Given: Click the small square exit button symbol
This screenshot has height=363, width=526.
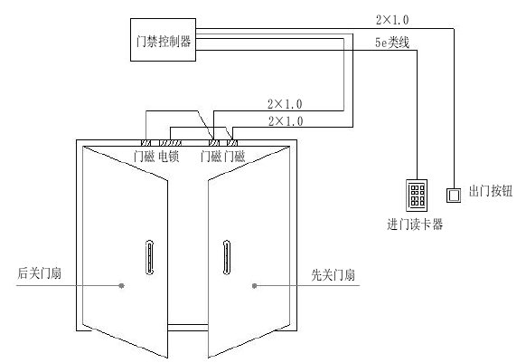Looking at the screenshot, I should pos(456,194).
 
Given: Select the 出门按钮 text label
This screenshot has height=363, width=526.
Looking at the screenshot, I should pos(492,193).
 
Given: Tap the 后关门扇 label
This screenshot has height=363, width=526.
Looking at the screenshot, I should pos(39,272).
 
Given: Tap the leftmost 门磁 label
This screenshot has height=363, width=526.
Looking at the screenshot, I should pos(144,157).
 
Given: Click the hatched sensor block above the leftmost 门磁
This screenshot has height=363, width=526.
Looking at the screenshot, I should pos(145,142).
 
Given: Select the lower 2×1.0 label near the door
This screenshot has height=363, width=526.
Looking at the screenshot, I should pos(286,120).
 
